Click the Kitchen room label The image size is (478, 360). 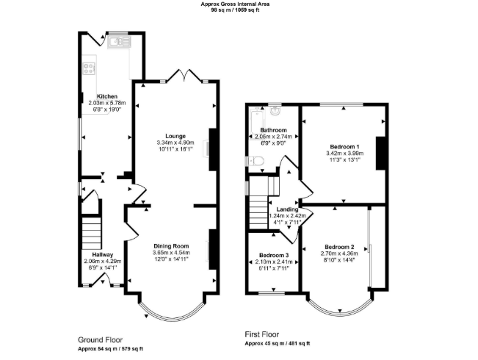(x=107, y=96)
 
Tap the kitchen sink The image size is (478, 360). (x=119, y=41)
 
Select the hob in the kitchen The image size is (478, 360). (x=89, y=68)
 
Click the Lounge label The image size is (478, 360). (x=175, y=136)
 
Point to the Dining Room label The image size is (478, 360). (x=171, y=246)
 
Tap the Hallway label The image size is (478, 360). (x=103, y=254)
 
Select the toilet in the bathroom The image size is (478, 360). (x=253, y=161)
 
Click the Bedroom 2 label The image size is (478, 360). (x=339, y=247)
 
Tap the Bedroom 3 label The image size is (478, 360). (x=274, y=255)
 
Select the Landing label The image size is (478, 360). (x=287, y=209)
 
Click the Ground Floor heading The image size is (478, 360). (x=101, y=340)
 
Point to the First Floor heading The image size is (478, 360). (x=262, y=334)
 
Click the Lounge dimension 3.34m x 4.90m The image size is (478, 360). (x=175, y=143)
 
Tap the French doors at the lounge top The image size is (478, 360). (x=184, y=76)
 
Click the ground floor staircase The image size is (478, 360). (x=92, y=234)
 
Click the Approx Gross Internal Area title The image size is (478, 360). (x=235, y=4)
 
